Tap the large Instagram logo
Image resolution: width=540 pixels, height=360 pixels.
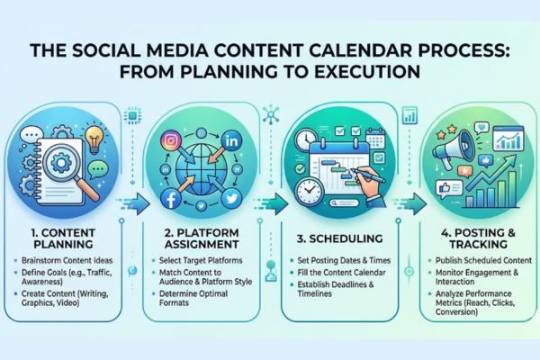(x=169, y=139)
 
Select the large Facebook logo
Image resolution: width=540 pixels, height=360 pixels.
(x=171, y=199)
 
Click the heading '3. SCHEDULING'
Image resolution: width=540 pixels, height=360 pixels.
(x=341, y=238)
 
